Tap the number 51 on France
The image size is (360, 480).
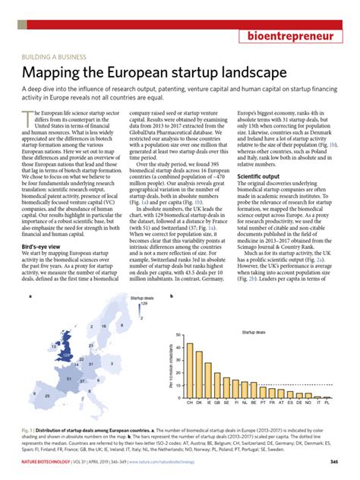click(69, 379)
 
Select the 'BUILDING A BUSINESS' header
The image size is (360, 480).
click(54, 57)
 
